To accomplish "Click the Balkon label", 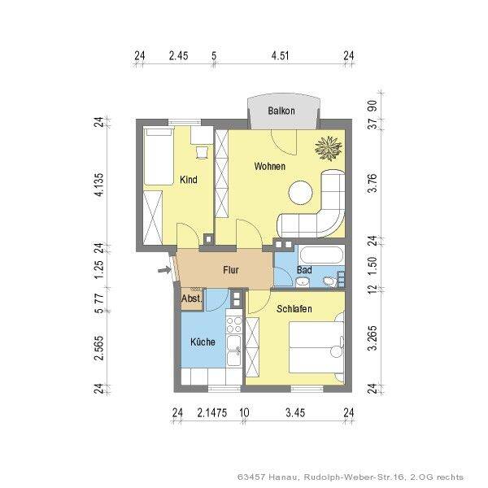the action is pyautogui.click(x=281, y=111).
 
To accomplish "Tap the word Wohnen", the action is pyautogui.click(x=270, y=166).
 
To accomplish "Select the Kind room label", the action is pyautogui.click(x=189, y=180).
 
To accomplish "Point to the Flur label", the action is pyautogui.click(x=231, y=270).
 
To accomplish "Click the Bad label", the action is pyautogui.click(x=304, y=270).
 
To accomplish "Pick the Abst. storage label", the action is pyautogui.click(x=192, y=298).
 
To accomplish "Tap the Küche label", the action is pyautogui.click(x=203, y=342).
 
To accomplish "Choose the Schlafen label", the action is pyautogui.click(x=294, y=309).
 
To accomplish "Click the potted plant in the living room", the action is pyautogui.click(x=329, y=149).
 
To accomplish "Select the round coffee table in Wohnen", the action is pyautogui.click(x=300, y=193).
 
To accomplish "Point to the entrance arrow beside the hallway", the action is pyautogui.click(x=164, y=270).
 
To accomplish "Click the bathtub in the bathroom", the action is pyautogui.click(x=321, y=255).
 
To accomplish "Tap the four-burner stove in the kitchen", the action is pyautogui.click(x=234, y=325).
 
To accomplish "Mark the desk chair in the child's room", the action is pyautogui.click(x=202, y=153).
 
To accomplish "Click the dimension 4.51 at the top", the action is pyautogui.click(x=280, y=55).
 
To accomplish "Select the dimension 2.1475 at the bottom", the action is pyautogui.click(x=212, y=413).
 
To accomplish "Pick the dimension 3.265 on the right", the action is pyautogui.click(x=373, y=338).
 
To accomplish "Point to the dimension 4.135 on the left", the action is pyautogui.click(x=98, y=185).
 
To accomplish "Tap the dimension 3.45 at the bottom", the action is pyautogui.click(x=295, y=413).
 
